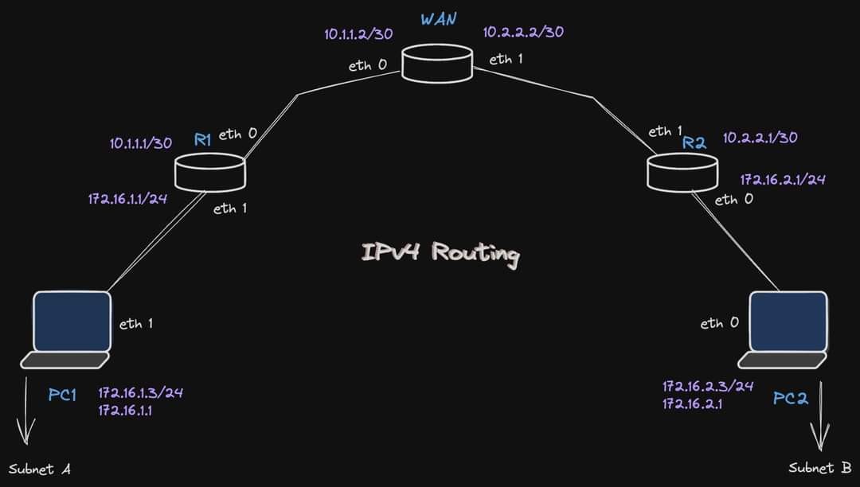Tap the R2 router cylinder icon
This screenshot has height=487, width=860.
point(682,172)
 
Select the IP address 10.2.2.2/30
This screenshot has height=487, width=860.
point(523,33)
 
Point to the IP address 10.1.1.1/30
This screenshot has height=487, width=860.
point(141,143)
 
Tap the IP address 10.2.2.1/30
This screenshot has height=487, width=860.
point(760,138)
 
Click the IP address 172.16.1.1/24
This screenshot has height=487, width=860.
point(127,198)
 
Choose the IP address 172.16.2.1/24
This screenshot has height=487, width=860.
point(782,180)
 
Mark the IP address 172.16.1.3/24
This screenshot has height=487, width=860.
point(141,393)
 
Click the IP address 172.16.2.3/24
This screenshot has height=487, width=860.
point(708,387)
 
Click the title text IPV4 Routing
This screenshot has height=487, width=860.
point(440,253)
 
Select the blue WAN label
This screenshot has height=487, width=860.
point(439,18)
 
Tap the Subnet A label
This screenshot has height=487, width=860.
point(40,469)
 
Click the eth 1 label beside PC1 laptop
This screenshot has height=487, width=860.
point(136,324)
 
